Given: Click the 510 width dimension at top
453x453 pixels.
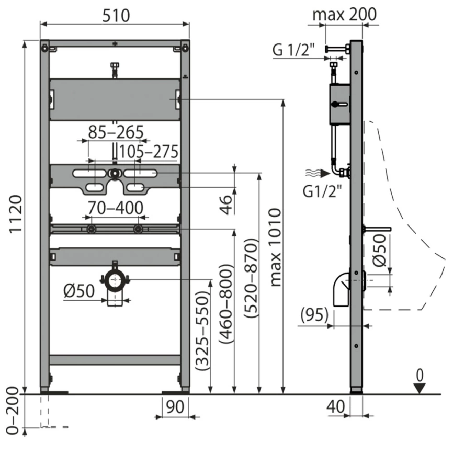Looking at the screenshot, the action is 116,16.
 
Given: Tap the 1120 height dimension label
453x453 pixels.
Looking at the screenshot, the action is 16,214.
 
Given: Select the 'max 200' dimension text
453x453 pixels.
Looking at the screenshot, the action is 345,14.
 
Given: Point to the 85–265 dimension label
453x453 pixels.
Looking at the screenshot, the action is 116,132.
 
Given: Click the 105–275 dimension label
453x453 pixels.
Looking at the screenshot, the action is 149,152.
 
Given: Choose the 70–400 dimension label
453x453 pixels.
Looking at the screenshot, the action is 116,208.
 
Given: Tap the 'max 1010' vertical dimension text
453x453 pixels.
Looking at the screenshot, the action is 275,247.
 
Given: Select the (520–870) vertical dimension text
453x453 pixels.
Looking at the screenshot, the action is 251,278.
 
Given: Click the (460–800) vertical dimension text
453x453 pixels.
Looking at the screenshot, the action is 225,303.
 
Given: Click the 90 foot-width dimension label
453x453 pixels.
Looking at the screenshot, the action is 175,407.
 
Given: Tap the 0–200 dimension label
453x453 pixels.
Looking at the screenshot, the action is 13,411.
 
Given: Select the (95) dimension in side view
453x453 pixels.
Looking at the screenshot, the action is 314,314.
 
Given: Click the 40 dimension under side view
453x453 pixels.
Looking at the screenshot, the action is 336,406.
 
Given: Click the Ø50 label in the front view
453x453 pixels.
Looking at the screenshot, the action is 79,291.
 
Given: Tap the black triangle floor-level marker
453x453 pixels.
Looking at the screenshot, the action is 420,388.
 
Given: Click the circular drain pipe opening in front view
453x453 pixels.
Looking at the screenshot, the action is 115,280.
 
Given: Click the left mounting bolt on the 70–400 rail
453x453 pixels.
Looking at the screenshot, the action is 92,229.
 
